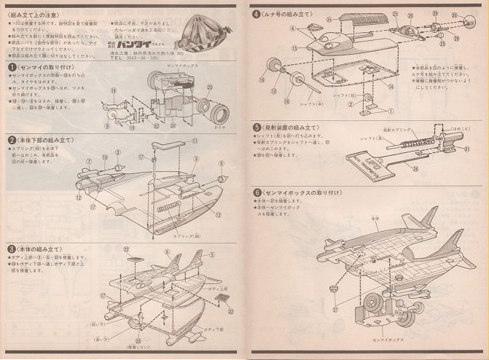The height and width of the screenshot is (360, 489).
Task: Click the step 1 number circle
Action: coord(12,66)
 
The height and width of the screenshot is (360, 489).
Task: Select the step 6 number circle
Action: coord(257,192)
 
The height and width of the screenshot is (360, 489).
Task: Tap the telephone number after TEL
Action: coord(144,58)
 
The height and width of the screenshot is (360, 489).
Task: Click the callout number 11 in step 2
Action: coord(195,139)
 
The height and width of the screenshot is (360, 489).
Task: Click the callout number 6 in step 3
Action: coord(167,253)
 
